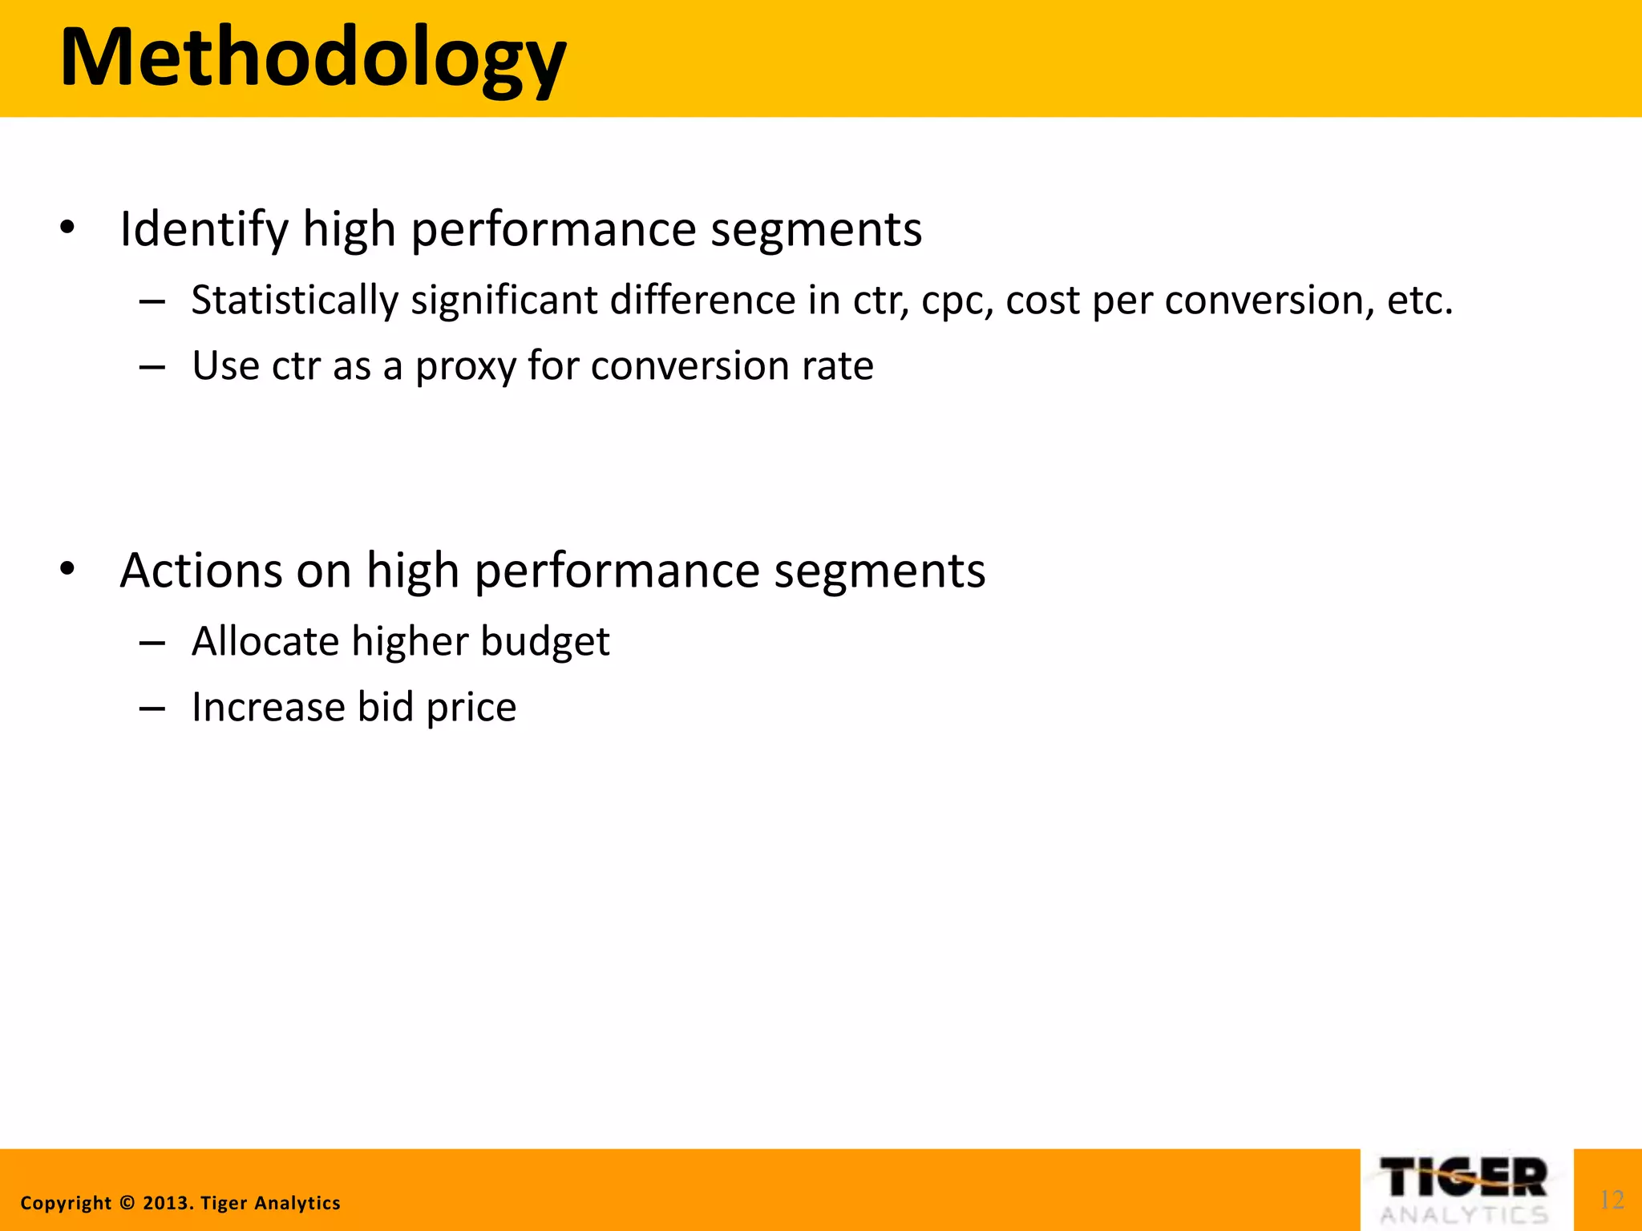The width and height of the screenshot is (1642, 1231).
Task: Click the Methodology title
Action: [x=313, y=58]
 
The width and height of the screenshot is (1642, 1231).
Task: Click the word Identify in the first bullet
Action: [x=204, y=229]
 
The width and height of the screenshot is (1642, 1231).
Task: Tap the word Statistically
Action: [x=294, y=301]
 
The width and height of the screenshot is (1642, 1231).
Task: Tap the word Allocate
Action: [x=265, y=641]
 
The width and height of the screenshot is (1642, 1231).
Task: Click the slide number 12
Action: [x=1612, y=1200]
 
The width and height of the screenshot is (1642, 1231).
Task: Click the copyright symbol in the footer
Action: [x=127, y=1203]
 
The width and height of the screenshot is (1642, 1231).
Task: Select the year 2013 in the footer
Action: [x=167, y=1203]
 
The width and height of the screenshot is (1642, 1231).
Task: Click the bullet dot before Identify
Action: [x=67, y=228]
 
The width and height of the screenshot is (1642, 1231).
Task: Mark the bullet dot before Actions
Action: [x=67, y=570]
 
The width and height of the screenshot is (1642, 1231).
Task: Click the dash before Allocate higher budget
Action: [x=152, y=643]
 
